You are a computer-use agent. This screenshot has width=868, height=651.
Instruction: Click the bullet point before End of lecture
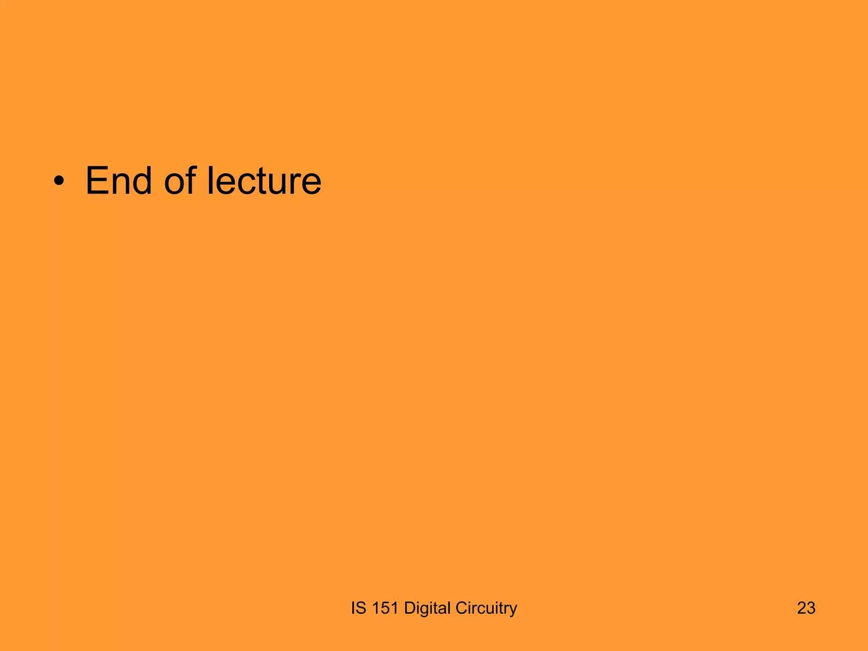[x=59, y=182]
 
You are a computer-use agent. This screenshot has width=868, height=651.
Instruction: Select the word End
[x=118, y=181]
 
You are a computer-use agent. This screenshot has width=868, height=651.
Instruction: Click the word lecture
[x=264, y=181]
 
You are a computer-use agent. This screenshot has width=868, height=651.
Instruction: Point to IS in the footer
[x=358, y=608]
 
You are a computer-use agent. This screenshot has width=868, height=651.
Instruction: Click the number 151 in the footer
[x=385, y=608]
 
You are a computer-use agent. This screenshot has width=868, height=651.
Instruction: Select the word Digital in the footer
[x=427, y=608]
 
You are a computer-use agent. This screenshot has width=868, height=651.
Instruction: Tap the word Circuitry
[x=486, y=608]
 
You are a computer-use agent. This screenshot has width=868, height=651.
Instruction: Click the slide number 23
[x=806, y=608]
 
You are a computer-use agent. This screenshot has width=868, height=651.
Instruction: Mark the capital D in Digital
[x=410, y=608]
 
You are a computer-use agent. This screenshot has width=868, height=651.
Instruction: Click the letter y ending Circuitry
[x=513, y=610]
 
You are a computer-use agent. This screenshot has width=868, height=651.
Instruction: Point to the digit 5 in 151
[x=385, y=608]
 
